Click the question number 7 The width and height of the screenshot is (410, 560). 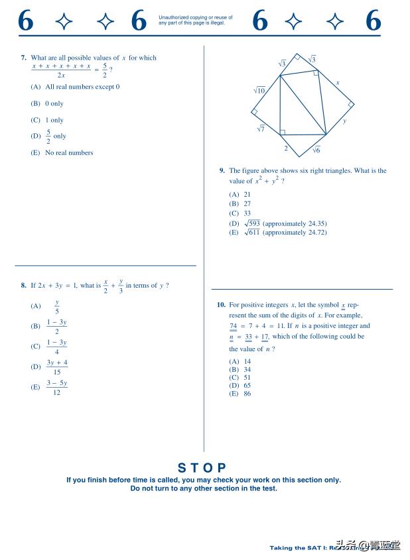tap(23, 58)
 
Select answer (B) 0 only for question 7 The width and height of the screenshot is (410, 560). tap(47, 104)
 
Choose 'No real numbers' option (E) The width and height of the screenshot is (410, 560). tap(62, 153)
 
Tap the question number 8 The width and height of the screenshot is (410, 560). tap(23, 286)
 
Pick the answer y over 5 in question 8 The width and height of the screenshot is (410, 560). tap(56, 306)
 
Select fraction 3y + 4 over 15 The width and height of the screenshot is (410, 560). tap(57, 366)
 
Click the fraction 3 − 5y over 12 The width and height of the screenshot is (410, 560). tap(57, 387)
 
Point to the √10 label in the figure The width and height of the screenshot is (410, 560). tap(259, 91)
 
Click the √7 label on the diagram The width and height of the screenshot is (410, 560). tap(261, 129)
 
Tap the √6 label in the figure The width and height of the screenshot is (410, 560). tap(316, 150)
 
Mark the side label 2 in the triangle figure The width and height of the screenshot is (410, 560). tap(286, 148)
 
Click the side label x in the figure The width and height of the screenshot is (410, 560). tap(338, 83)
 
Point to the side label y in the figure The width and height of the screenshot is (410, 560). tap(345, 121)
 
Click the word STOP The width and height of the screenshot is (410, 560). tap(203, 468)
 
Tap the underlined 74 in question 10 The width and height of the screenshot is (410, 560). tap(233, 326)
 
